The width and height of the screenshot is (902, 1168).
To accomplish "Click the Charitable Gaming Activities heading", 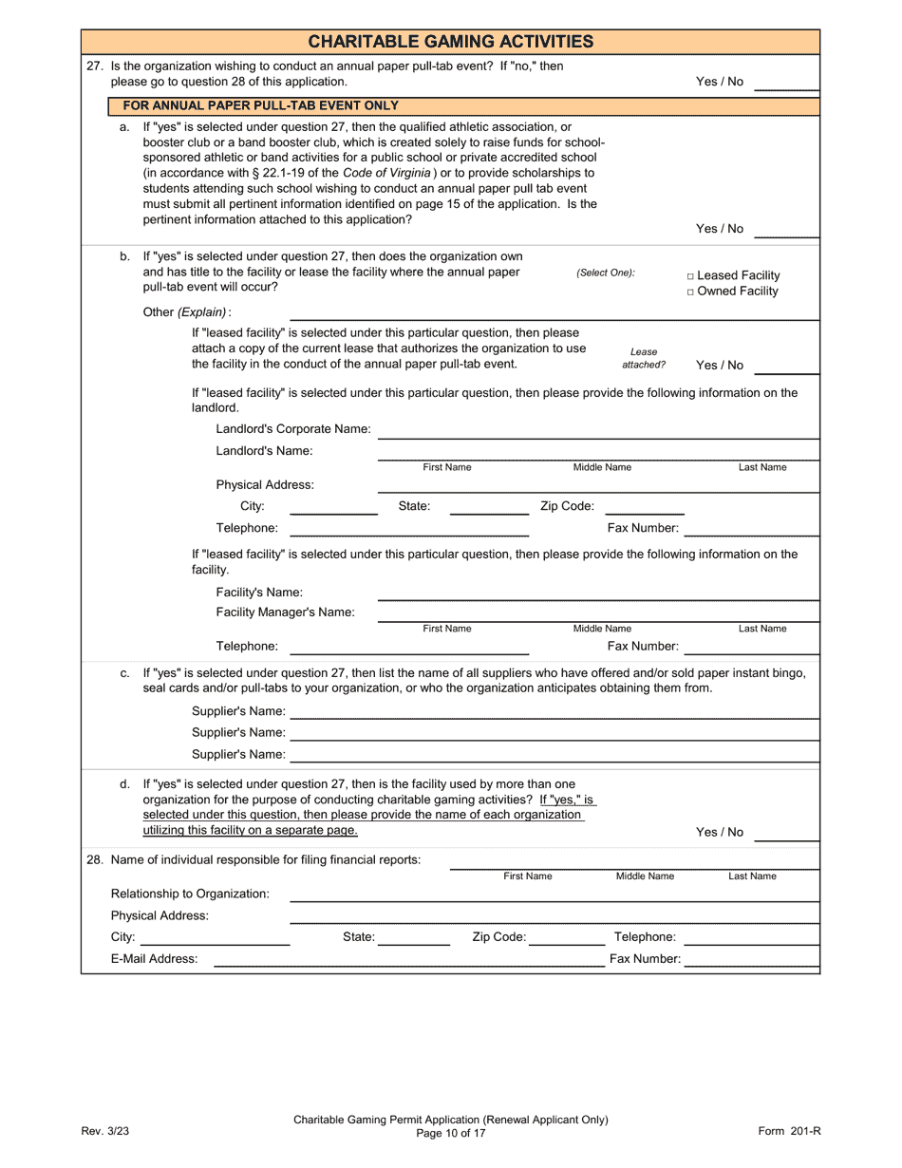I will (x=451, y=41).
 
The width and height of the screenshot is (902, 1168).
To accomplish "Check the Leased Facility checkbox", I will (x=690, y=276).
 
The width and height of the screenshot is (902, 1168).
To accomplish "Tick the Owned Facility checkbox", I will (x=690, y=292).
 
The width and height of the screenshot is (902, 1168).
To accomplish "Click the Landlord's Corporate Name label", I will (x=293, y=429).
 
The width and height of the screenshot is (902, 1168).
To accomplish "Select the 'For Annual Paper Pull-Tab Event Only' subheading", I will (x=261, y=105).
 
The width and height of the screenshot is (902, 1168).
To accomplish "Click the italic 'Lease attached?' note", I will (x=644, y=358).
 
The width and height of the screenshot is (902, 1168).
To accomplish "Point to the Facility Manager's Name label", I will (x=285, y=612).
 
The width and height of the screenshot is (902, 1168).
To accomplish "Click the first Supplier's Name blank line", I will (x=554, y=713).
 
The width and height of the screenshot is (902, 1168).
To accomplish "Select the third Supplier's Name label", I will (x=238, y=755).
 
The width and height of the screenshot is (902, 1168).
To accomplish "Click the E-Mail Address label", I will (x=155, y=959).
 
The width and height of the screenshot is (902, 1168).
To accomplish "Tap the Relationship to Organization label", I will (x=190, y=895).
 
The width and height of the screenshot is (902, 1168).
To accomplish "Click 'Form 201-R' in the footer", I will (x=789, y=1131).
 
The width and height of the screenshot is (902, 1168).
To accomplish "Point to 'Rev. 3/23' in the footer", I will (x=104, y=1131).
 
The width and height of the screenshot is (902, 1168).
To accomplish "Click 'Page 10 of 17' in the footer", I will (x=451, y=1133).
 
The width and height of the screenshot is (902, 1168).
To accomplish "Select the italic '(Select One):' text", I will (x=606, y=273).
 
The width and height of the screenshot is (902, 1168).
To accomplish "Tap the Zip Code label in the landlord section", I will (x=567, y=506).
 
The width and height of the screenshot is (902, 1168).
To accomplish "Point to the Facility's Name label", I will (x=259, y=593).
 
